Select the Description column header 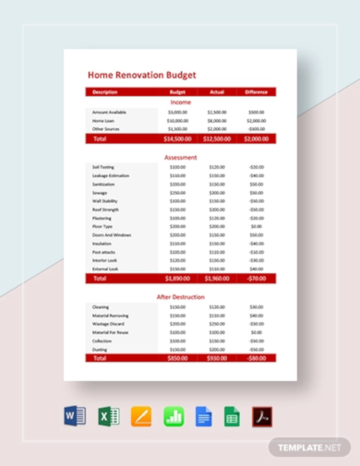105,92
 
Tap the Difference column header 256,92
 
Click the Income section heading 180,102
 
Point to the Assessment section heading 180,158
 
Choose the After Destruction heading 180,296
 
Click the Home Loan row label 104,120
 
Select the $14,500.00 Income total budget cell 177,138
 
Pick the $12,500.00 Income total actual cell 217,138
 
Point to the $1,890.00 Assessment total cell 177,278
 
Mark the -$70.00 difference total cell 256,278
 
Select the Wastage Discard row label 108,324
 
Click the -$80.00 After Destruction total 256,358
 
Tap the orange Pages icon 141,416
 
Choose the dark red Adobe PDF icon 265,416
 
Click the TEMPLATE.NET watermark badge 311,447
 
